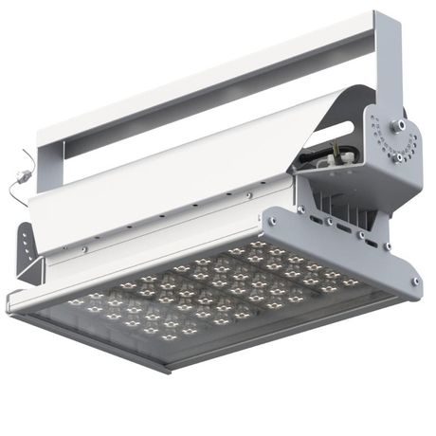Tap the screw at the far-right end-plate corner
tap(415, 281)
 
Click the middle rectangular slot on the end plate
tap(338, 227)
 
